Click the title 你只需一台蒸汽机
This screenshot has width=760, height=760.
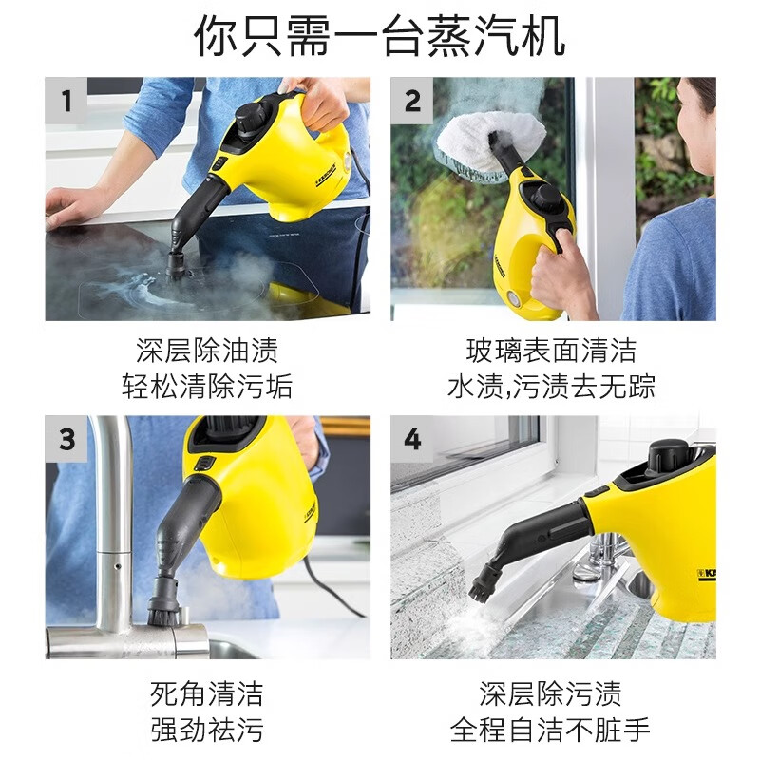click(380, 36)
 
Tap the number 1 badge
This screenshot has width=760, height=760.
click(66, 101)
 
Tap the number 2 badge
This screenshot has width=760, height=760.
click(412, 101)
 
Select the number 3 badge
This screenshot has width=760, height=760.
click(66, 439)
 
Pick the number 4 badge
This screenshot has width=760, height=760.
click(412, 439)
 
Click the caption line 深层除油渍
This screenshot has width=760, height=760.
click(207, 351)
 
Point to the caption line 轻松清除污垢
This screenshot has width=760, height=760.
click(207, 387)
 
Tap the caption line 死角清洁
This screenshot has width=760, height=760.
click(207, 693)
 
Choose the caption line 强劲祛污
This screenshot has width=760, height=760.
click(207, 730)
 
